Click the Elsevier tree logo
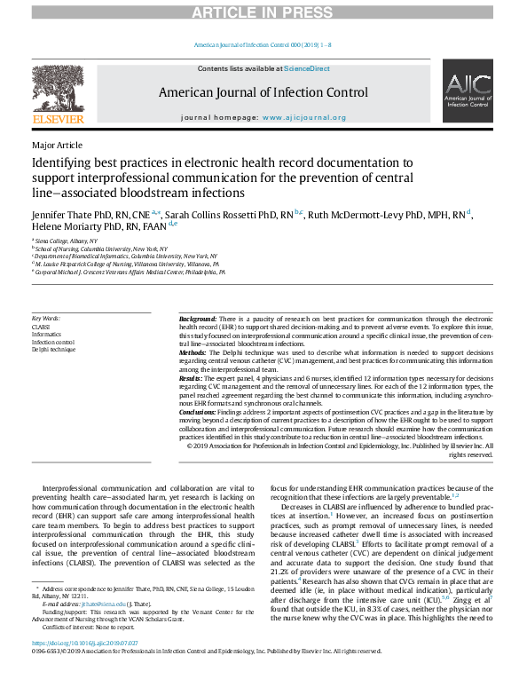[58, 89]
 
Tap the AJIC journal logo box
[468, 91]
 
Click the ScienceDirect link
[306, 68]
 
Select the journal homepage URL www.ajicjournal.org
[303, 117]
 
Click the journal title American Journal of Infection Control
[263, 92]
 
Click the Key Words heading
[46, 318]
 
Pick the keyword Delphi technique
[53, 350]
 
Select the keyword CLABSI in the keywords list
[41, 327]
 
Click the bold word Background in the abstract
[197, 319]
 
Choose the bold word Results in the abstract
[193, 379]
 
